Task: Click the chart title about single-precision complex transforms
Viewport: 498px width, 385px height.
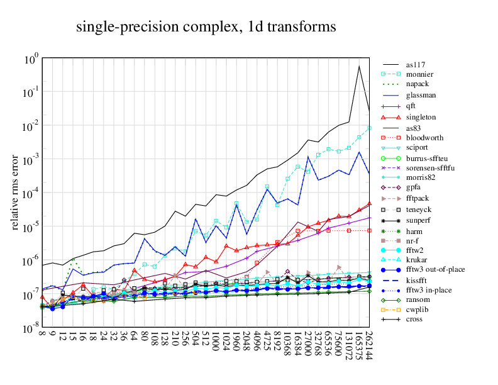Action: [206, 27]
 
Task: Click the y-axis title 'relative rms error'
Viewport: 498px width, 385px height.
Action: [16, 193]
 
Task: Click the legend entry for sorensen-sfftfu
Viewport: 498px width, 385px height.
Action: [430, 168]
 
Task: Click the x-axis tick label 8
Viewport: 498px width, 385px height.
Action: [42, 335]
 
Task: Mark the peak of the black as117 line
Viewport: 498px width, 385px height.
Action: [359, 65]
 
